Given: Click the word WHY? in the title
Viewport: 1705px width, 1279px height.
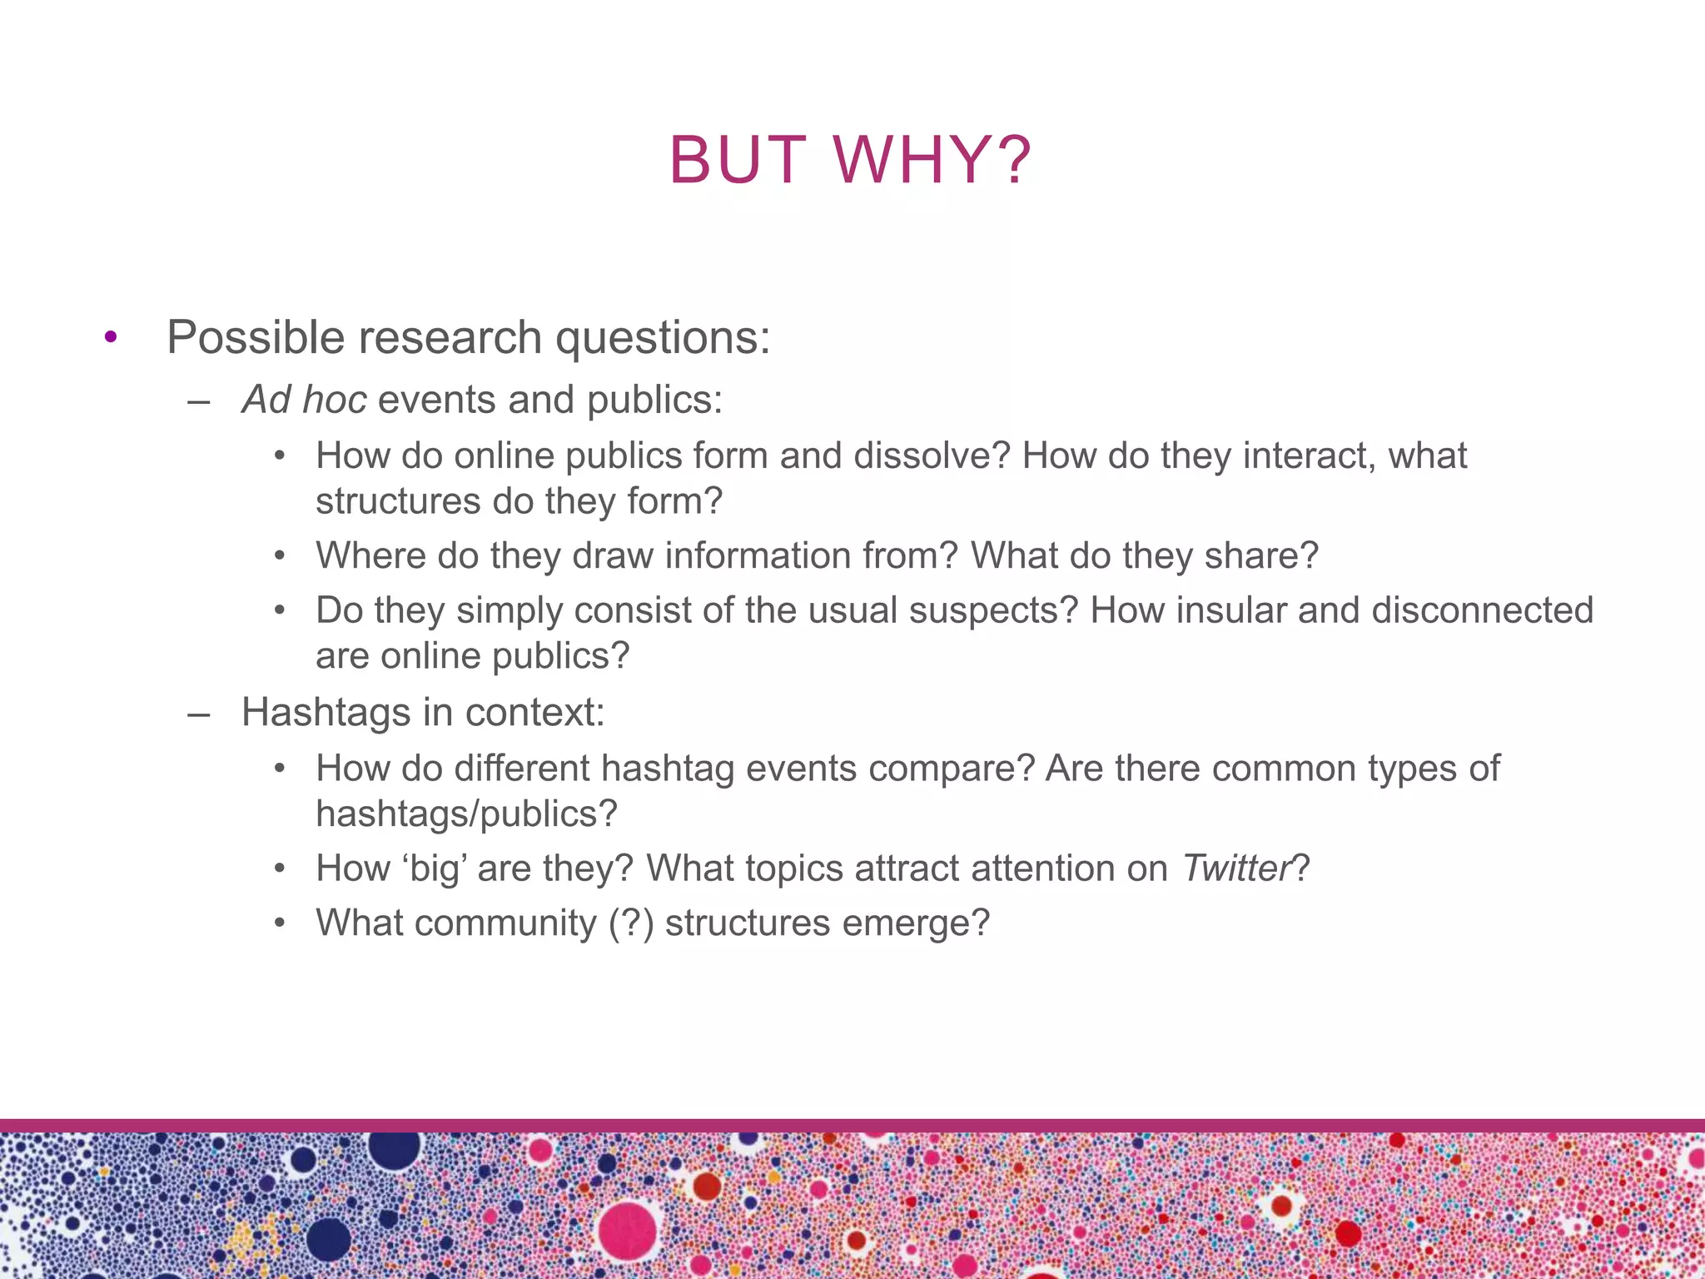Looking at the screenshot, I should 932,160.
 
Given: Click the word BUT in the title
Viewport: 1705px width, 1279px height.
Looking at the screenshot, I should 738,160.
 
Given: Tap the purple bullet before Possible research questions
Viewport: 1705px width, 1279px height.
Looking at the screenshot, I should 111,338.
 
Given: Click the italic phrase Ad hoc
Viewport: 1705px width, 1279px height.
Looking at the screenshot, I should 304,400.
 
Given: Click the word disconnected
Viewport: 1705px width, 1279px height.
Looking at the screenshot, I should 1482,610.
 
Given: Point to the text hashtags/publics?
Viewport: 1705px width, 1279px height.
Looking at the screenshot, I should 466,814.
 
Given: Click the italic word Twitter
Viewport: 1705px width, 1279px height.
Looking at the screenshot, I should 1235,868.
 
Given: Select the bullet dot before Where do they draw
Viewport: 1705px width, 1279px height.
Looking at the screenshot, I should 281,556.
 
